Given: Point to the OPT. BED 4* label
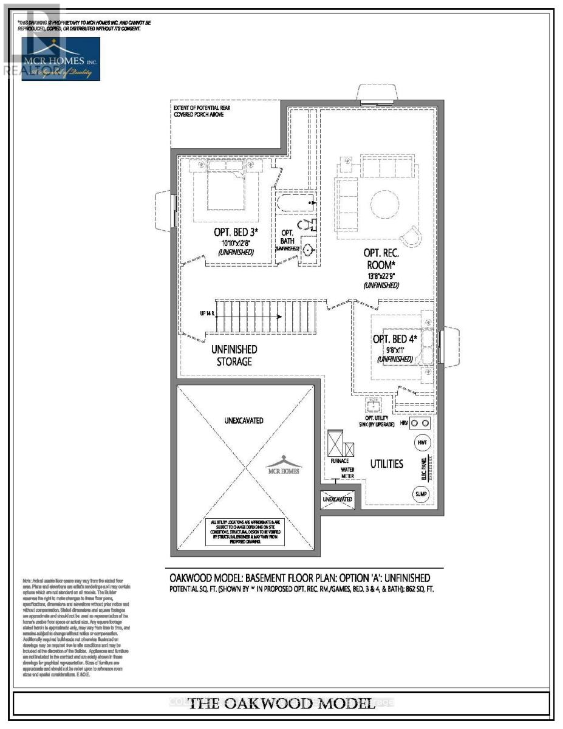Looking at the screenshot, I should tap(394, 338).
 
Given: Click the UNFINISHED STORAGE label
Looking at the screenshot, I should tap(234, 355).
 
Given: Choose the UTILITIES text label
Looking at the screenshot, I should tap(387, 464).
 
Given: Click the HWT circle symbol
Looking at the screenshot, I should tap(422, 443).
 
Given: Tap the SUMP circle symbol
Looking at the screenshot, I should tap(421, 494).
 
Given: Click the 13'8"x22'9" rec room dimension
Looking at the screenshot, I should tap(381, 276).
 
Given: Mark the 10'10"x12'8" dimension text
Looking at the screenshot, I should tap(236, 243).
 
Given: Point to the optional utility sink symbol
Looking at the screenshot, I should tap(372, 406).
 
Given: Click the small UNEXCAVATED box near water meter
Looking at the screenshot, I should tap(337, 499).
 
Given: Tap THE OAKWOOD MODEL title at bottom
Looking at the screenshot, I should tap(281, 704).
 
